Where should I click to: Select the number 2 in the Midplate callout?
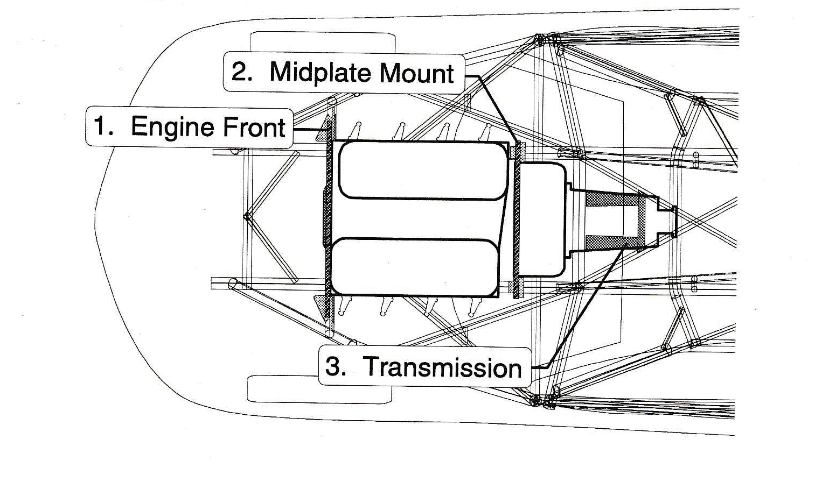coord(241,72)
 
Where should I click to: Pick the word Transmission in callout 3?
coord(443,367)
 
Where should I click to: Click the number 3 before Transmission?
coord(335,367)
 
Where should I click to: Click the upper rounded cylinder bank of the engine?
coord(423,170)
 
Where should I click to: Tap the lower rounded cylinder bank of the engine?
coord(415,267)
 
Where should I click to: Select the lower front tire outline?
coord(319,389)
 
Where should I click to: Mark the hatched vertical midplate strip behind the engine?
coord(517,221)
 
